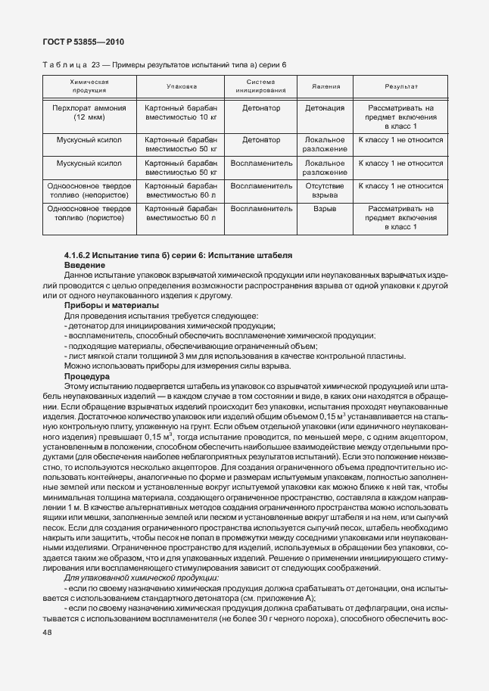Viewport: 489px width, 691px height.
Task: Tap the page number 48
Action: click(48, 630)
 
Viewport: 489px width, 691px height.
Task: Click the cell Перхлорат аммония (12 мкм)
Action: click(89, 114)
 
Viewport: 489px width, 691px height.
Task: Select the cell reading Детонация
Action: click(325, 108)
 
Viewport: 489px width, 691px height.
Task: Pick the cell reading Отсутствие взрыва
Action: click(325, 191)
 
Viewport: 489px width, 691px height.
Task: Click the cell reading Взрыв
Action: click(325, 207)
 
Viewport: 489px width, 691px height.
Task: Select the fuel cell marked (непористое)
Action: click(89, 191)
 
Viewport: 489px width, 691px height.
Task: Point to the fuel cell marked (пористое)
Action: click(89, 213)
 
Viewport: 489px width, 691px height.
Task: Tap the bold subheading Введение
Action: click(86, 267)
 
